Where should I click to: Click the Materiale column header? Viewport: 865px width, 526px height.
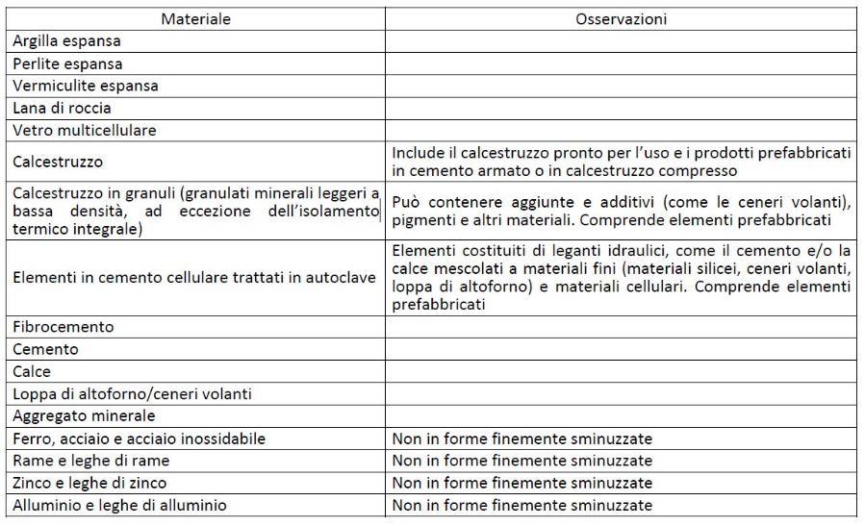(195, 19)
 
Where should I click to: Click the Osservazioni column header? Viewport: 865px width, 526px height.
(621, 19)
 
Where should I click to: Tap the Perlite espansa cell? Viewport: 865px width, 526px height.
(67, 63)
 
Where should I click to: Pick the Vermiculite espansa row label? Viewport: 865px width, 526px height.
(86, 86)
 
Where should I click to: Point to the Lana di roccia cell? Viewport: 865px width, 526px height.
(62, 108)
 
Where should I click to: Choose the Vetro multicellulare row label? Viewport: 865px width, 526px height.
(85, 130)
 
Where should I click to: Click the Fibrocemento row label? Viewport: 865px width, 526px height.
(63, 327)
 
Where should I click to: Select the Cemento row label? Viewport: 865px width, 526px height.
(45, 349)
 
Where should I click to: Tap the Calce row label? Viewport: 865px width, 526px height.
(32, 371)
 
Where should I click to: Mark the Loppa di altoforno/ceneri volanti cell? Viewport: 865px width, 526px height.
(118, 393)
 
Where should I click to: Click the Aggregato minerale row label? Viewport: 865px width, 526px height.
(84, 415)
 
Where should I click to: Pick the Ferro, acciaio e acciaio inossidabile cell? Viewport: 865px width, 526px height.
(139, 438)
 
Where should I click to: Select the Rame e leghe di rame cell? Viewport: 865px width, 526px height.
(91, 461)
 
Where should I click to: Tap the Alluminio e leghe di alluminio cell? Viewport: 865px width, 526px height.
(120, 505)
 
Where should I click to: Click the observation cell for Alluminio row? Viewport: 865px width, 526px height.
(522, 505)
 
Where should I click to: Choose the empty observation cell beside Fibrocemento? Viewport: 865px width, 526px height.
(621, 327)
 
